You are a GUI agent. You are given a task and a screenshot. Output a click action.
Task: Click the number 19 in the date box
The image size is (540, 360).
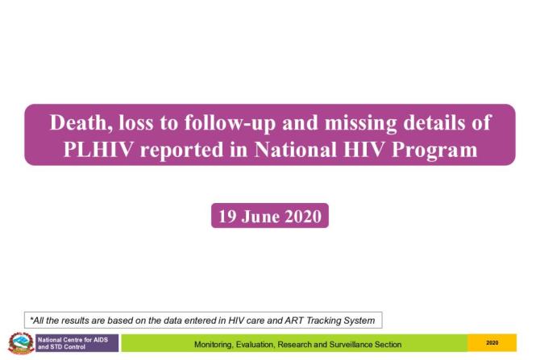[227, 216]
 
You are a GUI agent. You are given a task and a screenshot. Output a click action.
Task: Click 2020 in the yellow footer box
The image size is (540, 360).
[492, 344]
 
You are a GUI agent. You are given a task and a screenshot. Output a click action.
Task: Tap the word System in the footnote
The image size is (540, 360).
[360, 320]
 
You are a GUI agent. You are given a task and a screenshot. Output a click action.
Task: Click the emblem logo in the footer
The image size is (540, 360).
[19, 342]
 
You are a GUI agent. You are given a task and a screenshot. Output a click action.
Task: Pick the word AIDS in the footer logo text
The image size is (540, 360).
[102, 339]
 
